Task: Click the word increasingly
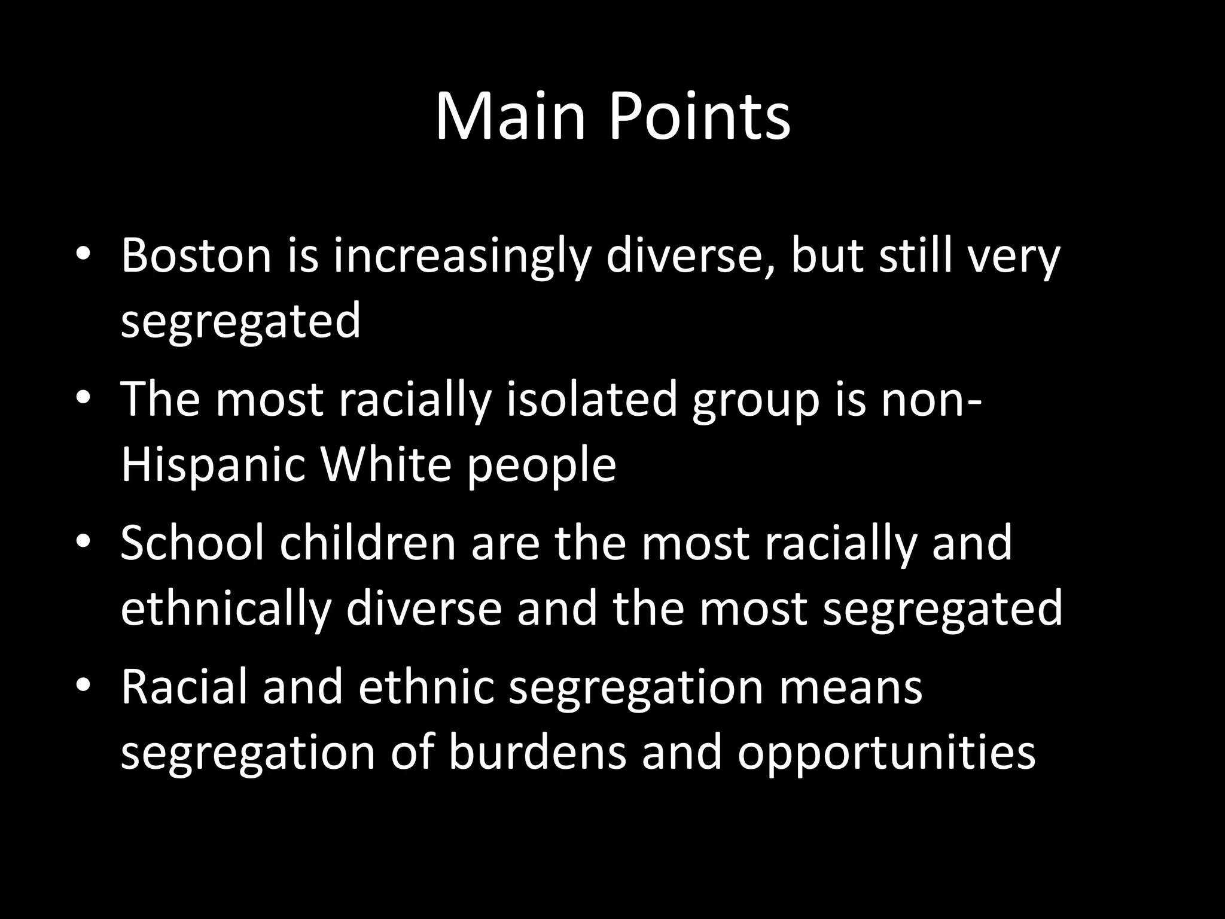[x=461, y=258]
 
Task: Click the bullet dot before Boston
[x=83, y=255]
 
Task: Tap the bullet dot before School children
[x=83, y=541]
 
